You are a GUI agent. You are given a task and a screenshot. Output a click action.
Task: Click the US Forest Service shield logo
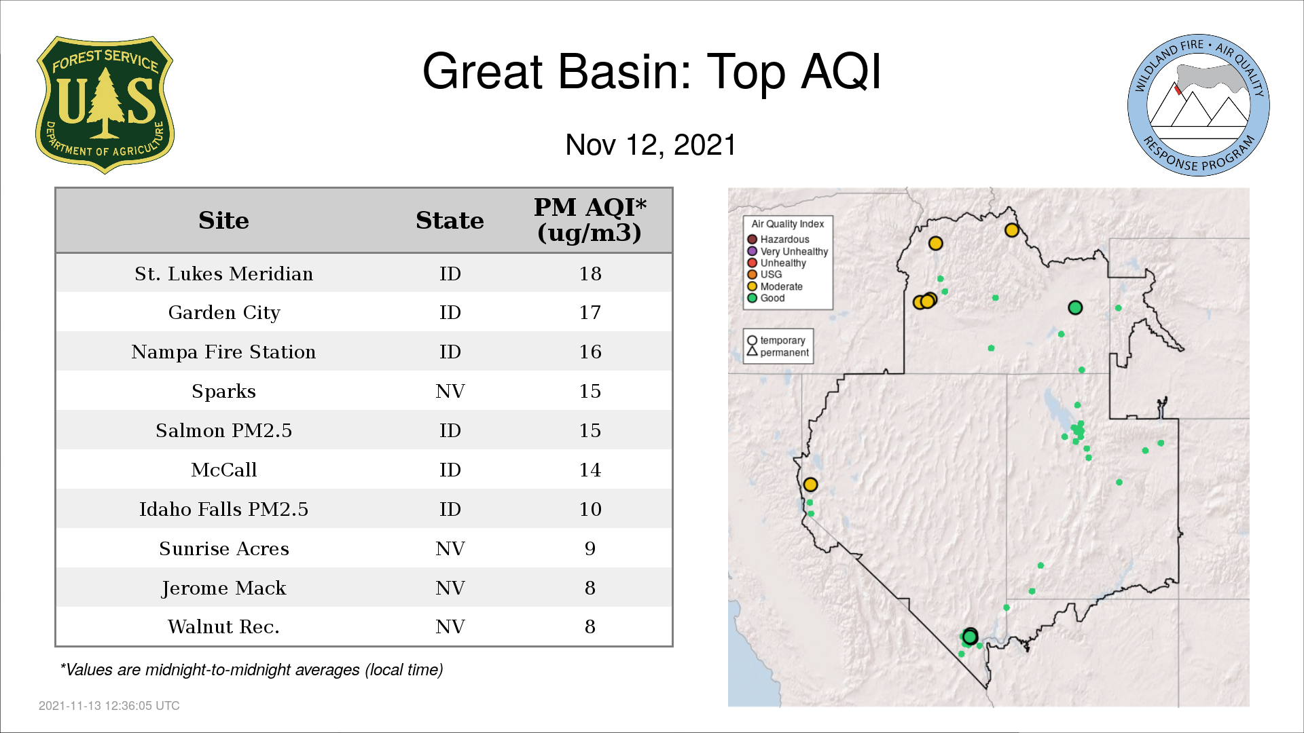105,105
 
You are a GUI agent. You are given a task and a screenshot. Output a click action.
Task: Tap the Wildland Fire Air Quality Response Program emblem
1199,105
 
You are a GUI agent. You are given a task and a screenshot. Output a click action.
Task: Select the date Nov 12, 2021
651,145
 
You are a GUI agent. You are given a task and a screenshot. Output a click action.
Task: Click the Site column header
223,221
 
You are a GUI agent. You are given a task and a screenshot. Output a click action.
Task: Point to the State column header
450,221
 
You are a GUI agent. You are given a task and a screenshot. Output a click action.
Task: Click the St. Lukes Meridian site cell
223,274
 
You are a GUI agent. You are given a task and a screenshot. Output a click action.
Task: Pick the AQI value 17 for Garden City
590,313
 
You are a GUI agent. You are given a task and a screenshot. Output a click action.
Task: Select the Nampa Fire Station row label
223,352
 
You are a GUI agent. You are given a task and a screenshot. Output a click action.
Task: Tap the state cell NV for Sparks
450,392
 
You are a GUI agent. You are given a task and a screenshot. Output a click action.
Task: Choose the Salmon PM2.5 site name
223,431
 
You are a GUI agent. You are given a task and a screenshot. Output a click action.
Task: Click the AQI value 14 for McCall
590,470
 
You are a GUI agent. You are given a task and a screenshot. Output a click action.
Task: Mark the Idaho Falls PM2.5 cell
223,510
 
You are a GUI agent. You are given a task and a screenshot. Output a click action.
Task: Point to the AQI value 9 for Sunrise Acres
590,549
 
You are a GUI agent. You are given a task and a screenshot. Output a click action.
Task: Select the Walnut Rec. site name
223,627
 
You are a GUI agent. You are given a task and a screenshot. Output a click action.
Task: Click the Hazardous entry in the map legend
778,240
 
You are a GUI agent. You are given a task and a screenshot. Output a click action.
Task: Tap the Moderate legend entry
775,286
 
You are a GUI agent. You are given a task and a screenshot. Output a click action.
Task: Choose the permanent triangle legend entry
778,352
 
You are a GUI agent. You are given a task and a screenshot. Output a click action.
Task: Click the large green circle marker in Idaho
1075,307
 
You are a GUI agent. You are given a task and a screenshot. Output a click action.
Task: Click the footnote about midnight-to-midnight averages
251,670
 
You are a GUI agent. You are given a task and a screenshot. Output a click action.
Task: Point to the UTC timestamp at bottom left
109,706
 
